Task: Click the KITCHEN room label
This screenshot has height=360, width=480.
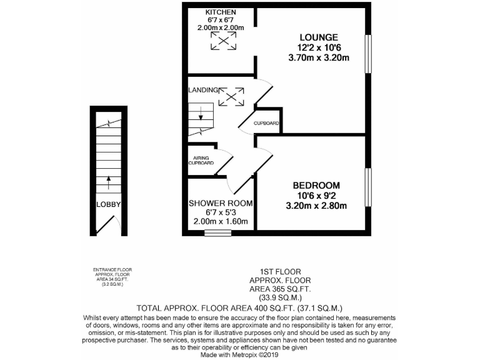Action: point(223,12)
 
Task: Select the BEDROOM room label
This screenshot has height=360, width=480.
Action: point(316,186)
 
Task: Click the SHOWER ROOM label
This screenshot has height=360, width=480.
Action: point(221,203)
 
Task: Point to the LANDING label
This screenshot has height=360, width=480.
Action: point(202,90)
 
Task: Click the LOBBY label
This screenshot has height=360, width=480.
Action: point(107,204)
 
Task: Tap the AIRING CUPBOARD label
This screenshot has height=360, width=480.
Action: point(201,160)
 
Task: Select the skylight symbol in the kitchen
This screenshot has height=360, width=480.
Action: point(223,42)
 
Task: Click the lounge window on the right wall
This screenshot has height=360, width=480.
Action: point(369,56)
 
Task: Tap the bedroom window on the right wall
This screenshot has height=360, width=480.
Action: point(369,186)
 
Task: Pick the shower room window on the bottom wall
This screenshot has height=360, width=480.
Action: point(217,234)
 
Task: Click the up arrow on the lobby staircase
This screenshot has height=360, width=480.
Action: point(108,182)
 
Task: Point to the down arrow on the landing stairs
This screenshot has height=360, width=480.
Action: point(200,115)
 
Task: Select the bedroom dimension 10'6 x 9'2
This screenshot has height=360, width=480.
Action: point(316,196)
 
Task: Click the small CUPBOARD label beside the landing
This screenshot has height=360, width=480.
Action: point(266,123)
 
